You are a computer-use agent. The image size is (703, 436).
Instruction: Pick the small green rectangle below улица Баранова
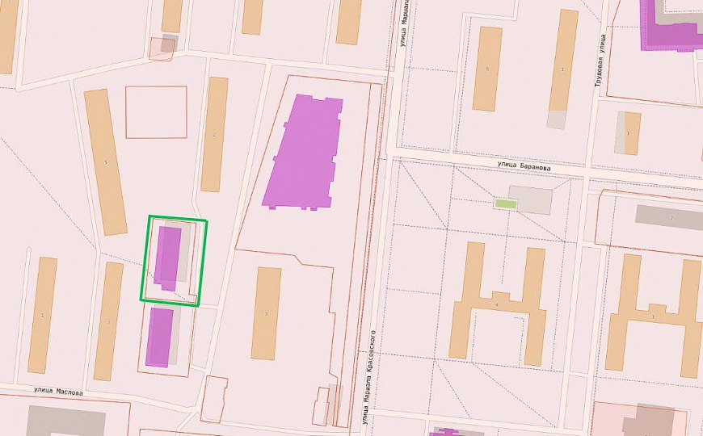tap(505, 203)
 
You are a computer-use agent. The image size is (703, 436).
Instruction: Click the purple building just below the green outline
tap(160, 336)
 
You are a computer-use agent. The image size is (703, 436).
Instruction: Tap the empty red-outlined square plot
tap(156, 111)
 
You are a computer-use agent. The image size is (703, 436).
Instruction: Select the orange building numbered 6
tap(486, 69)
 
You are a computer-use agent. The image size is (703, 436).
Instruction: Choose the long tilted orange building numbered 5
tap(106, 161)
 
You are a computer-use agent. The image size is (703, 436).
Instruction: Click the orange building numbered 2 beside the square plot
tap(214, 134)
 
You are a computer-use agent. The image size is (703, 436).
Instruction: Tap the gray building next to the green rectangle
tap(530, 199)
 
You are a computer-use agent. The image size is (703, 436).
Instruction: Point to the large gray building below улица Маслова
tap(66, 421)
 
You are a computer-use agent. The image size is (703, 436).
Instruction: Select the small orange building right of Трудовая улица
tap(632, 133)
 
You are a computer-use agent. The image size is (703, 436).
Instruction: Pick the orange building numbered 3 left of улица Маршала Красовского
tap(266, 313)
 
